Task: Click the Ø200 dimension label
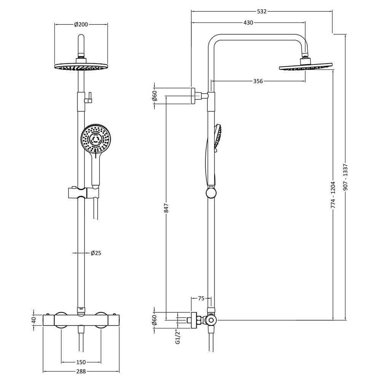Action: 81,24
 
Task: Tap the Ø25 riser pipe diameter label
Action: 96,253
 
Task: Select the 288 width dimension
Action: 81,371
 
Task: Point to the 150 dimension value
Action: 81,362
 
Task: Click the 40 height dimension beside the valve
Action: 34,320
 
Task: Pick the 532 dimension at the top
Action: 262,11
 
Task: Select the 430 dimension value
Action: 248,23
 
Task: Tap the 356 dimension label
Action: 258,81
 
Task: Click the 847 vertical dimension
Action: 166,208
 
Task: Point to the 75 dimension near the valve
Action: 201,299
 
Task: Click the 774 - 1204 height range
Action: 333,195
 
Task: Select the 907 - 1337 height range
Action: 346,177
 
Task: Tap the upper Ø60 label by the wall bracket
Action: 155,96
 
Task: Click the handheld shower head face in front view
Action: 96,139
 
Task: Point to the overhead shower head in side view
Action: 306,67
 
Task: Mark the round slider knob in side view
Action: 211,193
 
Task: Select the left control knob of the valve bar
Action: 61,320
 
